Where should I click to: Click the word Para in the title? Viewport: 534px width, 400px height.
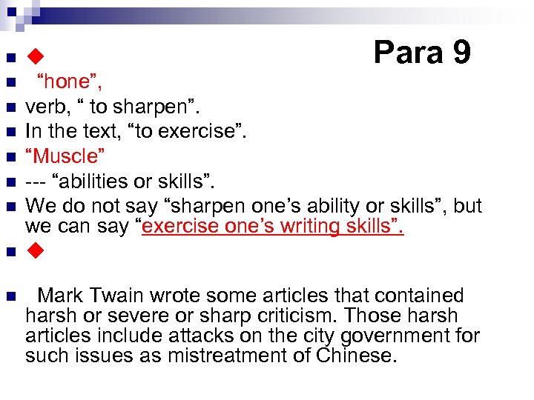407,52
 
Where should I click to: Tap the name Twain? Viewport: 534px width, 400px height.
116,296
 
